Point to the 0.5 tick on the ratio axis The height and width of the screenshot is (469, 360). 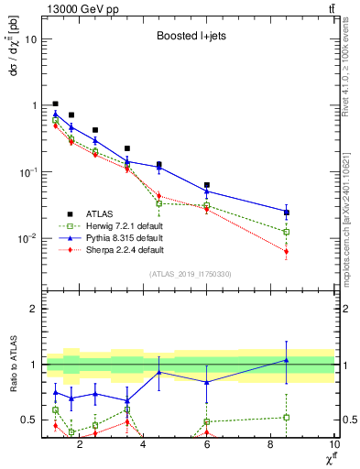click(27, 420)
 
